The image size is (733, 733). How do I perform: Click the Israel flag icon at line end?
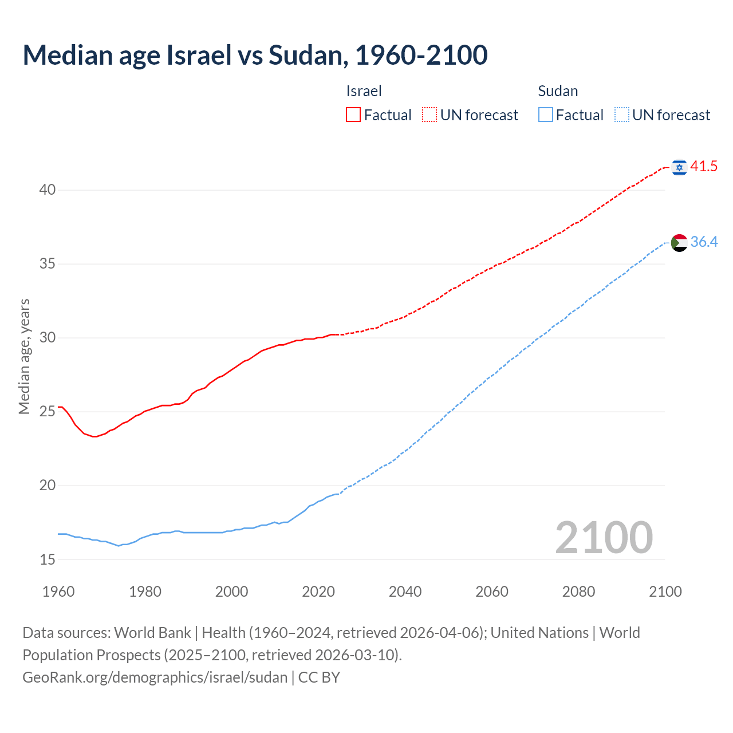point(679,167)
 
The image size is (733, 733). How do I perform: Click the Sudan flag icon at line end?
point(679,243)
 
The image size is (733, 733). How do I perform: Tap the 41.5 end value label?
point(704,167)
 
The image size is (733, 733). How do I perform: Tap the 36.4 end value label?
point(704,242)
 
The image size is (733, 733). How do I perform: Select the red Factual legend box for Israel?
point(353,115)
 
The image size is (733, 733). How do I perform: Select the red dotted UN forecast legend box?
point(429,115)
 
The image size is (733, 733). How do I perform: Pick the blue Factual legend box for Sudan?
point(546,115)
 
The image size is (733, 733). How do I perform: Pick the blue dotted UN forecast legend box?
point(621,115)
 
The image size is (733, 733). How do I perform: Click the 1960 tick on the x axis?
point(58,592)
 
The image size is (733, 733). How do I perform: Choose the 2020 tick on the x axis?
point(318,592)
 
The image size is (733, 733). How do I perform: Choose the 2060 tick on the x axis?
point(492,592)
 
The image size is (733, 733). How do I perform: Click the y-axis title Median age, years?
point(24,356)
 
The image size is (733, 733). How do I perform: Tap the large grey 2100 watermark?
point(604,538)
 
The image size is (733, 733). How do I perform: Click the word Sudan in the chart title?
point(305,55)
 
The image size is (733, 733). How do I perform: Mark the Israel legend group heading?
point(364,91)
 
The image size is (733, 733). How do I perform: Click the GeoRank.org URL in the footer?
point(155,677)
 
